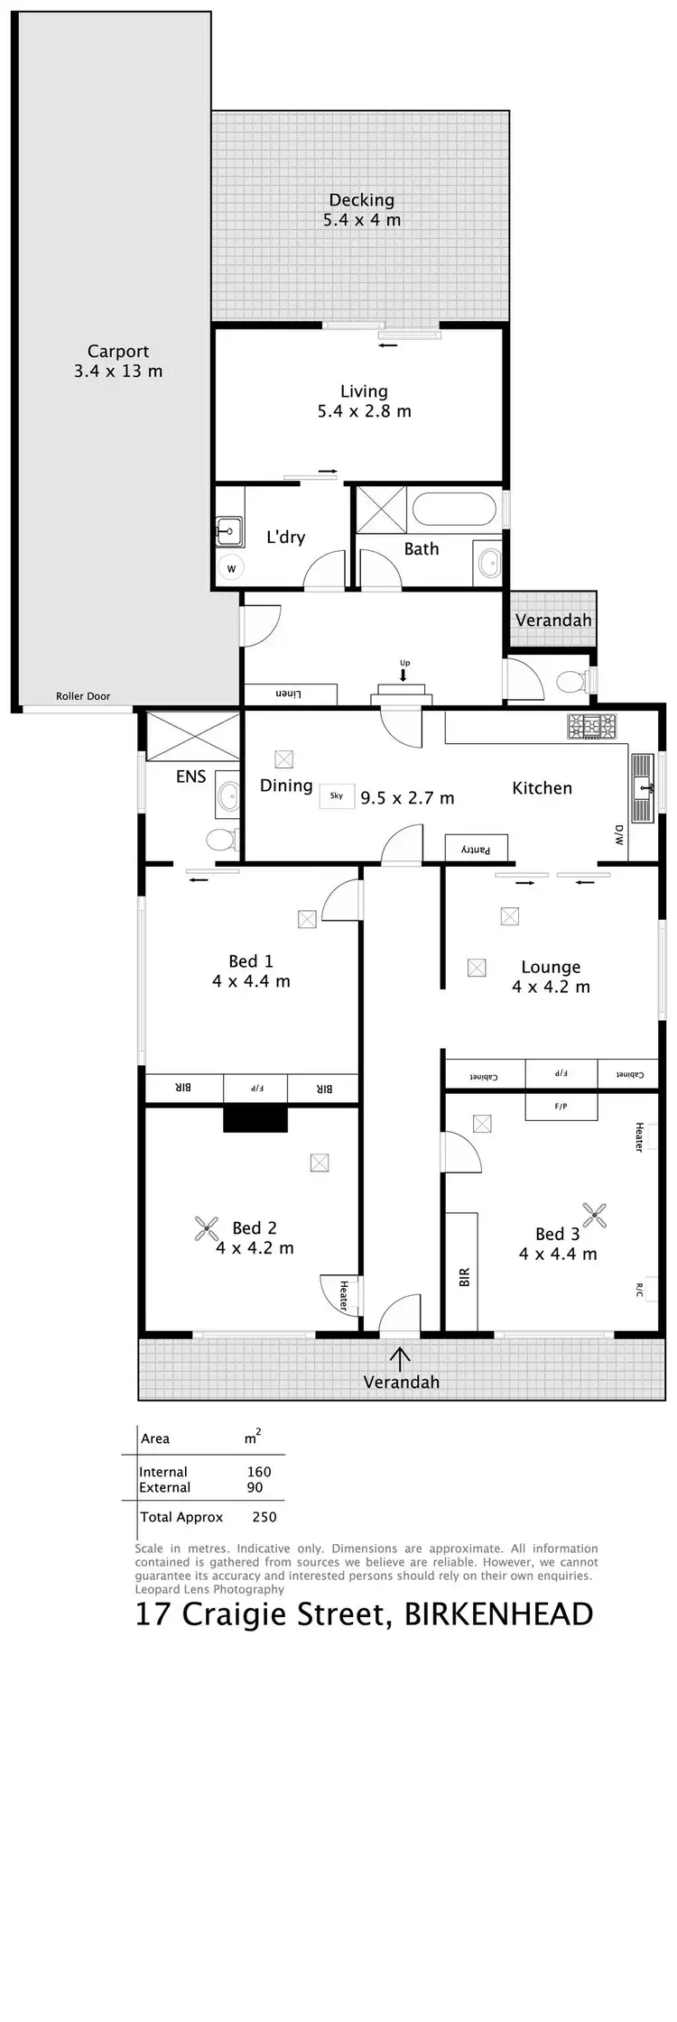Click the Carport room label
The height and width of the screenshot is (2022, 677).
pos(118,352)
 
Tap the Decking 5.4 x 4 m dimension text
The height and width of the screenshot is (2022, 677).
pos(362,219)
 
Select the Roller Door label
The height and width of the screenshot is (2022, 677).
pos(83,696)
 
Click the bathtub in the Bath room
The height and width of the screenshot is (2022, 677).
pos(454,510)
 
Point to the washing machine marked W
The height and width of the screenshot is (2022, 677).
pos(231,568)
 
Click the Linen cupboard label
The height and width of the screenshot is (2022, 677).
pos(288,694)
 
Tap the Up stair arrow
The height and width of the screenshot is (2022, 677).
pos(403,672)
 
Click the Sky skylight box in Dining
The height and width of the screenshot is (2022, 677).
pos(337,796)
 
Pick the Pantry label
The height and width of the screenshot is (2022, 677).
pos(476,849)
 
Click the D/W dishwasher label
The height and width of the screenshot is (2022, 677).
pos(619,834)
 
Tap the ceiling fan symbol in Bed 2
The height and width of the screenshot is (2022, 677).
pos(208,1228)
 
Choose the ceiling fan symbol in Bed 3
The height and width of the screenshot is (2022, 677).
pos(594,1215)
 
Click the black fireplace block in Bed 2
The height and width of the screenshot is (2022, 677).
pos(255,1118)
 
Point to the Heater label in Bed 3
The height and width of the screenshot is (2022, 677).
pos(639,1136)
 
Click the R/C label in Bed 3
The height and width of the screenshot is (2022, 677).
pos(639,1291)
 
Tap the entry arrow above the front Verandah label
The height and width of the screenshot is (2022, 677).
pos(400,1356)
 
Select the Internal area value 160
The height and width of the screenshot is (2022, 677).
pos(259,1472)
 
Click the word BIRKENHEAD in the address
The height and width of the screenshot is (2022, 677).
pos(498,1614)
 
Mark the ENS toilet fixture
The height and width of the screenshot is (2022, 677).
pos(221,841)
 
